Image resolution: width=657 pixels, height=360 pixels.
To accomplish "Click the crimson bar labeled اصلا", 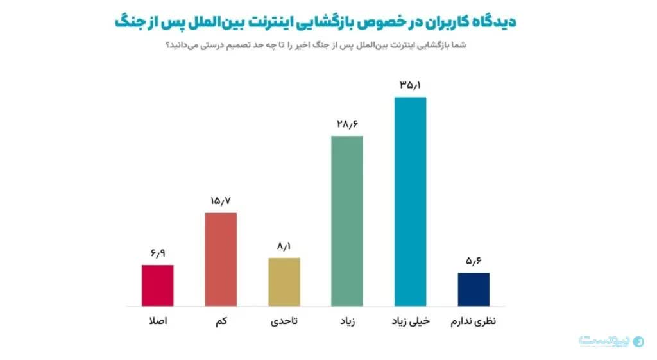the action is (158, 286).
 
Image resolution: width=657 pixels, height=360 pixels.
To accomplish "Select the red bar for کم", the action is (221, 259).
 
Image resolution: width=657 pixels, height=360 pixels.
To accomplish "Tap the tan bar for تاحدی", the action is (284, 282).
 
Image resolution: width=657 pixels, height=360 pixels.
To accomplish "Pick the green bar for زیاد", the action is (347, 221).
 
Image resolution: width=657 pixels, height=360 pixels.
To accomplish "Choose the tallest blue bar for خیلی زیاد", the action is (410, 201).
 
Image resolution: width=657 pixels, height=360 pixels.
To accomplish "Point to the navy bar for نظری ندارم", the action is (474, 289).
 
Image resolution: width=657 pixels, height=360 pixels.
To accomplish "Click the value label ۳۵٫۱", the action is (410, 85).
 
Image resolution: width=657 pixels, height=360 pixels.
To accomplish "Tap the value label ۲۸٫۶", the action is (347, 124).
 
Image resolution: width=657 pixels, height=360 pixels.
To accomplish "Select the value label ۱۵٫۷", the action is (221, 201).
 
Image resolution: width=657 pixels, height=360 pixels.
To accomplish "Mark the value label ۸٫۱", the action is (284, 246).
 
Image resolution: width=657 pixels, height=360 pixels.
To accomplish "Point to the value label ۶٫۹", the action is (158, 253).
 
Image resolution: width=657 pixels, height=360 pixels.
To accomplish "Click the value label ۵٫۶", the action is (474, 261).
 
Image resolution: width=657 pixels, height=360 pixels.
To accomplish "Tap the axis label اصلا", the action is (158, 321).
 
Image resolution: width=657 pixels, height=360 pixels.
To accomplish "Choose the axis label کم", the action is (221, 321).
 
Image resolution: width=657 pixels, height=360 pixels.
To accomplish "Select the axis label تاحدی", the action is (284, 321).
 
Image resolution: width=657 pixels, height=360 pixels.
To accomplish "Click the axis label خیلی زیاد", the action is (411, 321).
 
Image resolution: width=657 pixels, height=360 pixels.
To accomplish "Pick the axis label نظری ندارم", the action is (474, 321).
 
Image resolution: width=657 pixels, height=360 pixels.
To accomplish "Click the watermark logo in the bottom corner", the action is (611, 341).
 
